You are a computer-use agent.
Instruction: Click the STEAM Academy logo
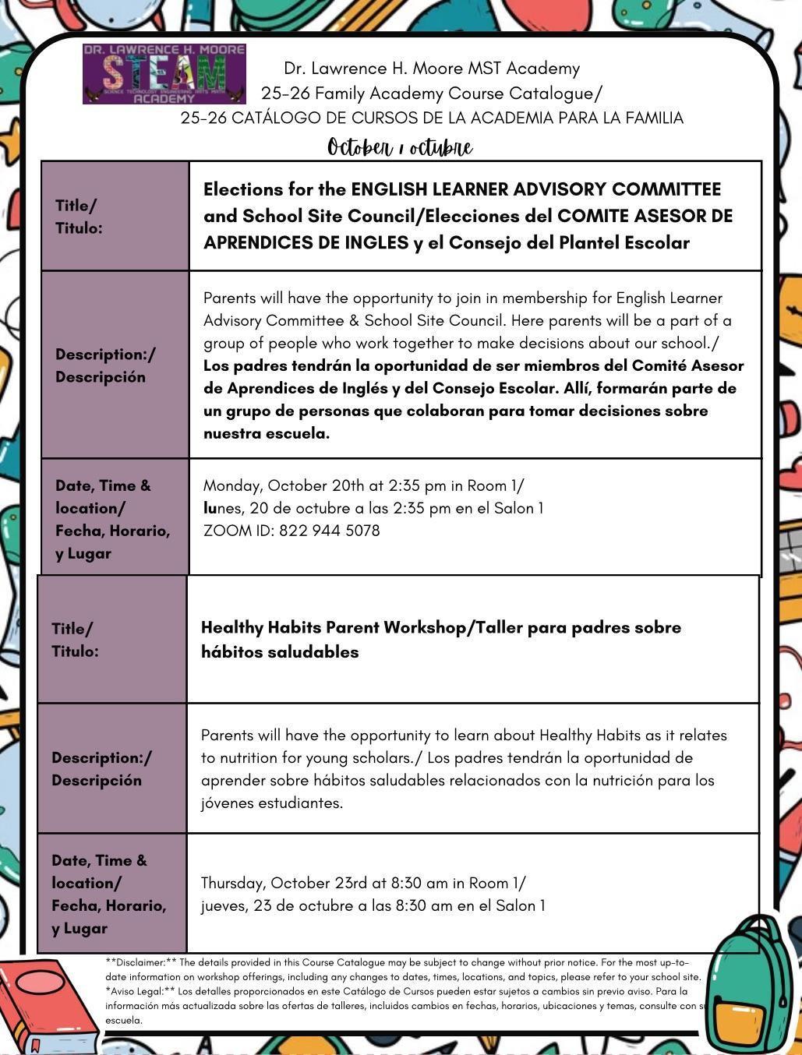coord(164,74)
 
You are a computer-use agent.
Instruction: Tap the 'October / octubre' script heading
coord(400,147)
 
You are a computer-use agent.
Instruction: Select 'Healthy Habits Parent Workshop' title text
coord(332,627)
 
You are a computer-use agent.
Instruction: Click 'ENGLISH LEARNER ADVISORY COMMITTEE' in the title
coord(535,189)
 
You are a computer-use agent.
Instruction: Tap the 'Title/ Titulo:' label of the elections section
coord(78,217)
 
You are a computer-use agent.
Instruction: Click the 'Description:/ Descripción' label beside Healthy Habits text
coord(101,768)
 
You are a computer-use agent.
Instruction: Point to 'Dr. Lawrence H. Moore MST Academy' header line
coord(432,69)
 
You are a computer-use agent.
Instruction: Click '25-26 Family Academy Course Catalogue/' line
coord(432,94)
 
